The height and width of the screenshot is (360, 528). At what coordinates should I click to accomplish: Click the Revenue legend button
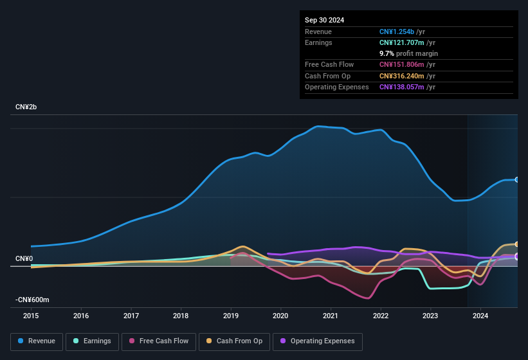37,341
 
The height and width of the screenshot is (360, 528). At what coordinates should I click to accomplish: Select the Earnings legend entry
93,341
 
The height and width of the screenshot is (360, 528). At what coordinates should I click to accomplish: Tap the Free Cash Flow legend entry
159,341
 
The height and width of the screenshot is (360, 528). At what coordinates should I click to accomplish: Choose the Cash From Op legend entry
234,341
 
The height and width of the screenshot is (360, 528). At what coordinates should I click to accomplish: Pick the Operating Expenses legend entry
318,341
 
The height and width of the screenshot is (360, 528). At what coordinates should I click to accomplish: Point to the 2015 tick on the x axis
31,316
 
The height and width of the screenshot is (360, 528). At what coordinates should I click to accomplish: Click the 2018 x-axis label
181,316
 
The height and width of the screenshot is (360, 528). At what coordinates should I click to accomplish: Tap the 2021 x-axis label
331,316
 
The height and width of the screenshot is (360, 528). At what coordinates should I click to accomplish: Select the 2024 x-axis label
480,316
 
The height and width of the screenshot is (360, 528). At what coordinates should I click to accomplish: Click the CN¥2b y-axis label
26,107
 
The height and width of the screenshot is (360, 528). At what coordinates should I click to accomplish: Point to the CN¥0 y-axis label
24,258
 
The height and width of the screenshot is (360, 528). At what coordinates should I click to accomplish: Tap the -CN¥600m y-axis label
32,300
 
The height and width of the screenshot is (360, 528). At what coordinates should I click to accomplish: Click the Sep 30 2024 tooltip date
324,20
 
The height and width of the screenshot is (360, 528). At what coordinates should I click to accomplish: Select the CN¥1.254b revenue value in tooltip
397,32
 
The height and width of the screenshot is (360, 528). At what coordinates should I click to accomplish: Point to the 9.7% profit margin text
408,53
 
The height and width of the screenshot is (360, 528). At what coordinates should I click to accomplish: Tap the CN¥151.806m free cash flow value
403,65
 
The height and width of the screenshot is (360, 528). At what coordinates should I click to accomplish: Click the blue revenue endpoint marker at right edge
517,179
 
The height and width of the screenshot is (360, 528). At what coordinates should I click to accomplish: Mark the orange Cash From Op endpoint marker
517,244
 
